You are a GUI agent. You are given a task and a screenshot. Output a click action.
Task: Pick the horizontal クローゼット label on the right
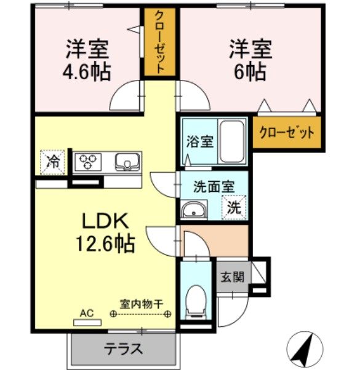[287, 132]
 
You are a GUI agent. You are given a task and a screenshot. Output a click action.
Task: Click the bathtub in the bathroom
[233, 141]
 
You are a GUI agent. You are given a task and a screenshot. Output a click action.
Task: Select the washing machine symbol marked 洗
[234, 207]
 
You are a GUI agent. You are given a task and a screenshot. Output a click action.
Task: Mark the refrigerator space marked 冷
[54, 162]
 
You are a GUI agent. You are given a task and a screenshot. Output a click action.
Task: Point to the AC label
[87, 313]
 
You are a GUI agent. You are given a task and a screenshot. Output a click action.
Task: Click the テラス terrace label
[124, 349]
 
